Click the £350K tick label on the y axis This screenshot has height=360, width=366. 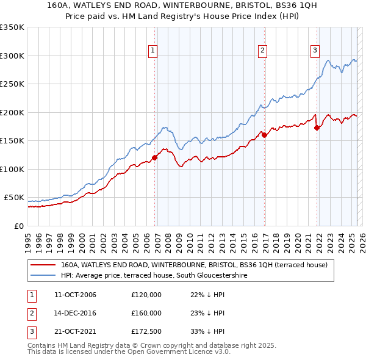click(x=12, y=27)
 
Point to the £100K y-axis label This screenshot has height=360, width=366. click(x=12, y=169)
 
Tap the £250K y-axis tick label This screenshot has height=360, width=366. click(x=12, y=84)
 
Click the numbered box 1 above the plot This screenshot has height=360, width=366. click(x=152, y=51)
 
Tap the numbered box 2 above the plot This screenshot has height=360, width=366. click(x=262, y=51)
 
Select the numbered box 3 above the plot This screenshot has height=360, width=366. click(x=315, y=51)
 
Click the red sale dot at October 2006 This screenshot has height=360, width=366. click(x=154, y=157)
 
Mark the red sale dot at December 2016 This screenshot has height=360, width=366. click(x=265, y=135)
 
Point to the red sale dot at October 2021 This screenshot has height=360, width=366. click(x=317, y=128)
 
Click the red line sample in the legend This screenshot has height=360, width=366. click(x=43, y=265)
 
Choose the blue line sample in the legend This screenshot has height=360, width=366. click(x=43, y=275)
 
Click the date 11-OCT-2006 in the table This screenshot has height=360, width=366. click(x=75, y=295)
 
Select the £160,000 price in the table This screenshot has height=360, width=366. click(x=146, y=313)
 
